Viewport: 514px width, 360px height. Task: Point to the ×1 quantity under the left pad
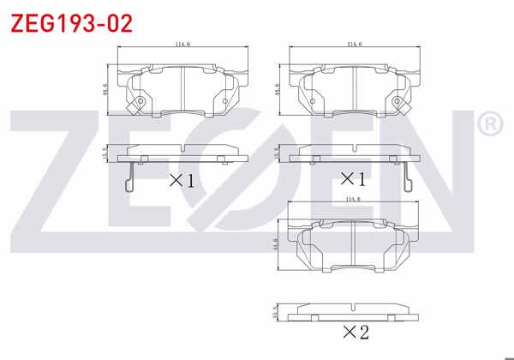point(181,180)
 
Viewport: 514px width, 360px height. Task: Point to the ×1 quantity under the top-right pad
point(352,179)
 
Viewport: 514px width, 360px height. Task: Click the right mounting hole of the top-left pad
point(225,104)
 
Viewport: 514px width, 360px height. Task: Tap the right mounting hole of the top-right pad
point(397,104)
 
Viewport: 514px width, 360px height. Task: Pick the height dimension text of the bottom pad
point(276,245)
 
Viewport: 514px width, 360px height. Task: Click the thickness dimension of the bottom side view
point(276,312)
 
